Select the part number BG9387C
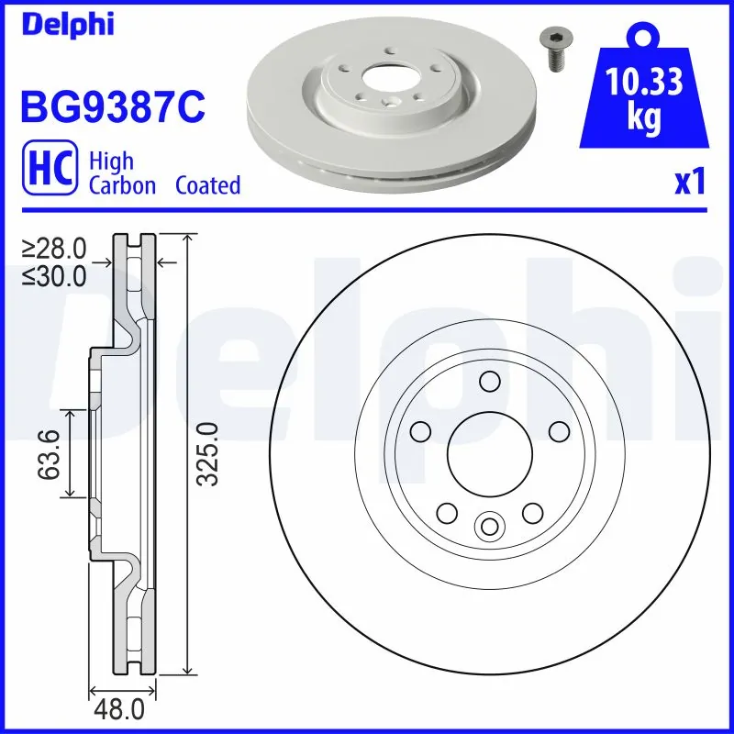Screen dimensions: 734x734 point(111,107)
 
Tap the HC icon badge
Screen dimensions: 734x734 point(47,172)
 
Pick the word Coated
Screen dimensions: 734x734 point(207,185)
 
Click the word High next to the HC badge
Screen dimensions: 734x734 point(111,161)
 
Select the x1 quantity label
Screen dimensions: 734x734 point(689,183)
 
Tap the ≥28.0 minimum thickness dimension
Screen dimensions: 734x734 point(55,248)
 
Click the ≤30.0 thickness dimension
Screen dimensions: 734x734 point(55,275)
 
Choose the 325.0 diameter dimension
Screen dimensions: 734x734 point(209,453)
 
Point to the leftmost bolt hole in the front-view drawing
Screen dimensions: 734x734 point(420,431)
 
